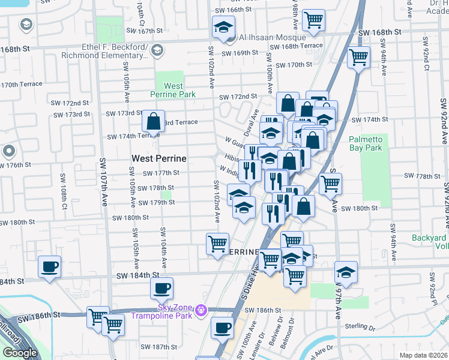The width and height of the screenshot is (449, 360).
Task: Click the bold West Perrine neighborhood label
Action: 159,158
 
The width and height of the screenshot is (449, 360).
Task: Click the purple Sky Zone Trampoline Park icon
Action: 202,311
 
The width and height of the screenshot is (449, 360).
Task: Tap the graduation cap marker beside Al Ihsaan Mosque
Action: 223,28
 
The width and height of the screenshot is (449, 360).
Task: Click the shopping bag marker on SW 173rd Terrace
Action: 154,121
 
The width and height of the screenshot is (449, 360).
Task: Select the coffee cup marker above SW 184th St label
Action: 49,267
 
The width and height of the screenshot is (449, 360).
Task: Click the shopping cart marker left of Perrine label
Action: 217,244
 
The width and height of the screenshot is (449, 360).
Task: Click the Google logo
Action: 20,352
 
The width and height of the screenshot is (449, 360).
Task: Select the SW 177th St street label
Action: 160,173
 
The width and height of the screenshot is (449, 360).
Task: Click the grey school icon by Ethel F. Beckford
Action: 157,51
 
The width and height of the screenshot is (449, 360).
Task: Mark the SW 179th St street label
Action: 156,203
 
